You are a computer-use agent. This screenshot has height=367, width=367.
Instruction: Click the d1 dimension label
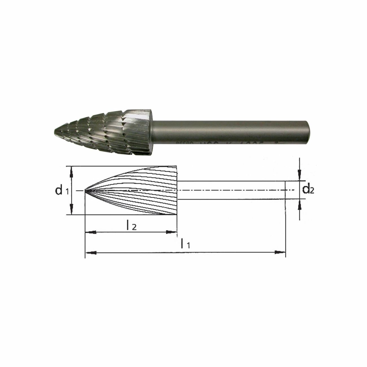62,191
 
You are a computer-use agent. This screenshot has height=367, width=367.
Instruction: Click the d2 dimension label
308,190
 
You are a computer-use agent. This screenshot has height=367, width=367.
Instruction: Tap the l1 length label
185,244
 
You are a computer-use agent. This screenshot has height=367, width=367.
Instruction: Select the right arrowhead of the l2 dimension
171,232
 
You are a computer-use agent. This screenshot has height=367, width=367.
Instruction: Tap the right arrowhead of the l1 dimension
280,252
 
